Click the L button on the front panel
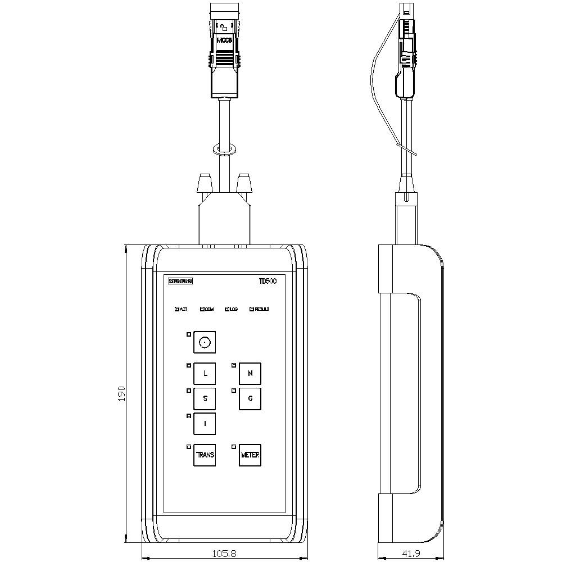[205, 373]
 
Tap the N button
[250, 373]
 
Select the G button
[250, 398]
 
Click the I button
[205, 424]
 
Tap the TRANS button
[205, 455]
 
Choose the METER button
[250, 455]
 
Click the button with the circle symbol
[205, 342]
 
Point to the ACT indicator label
[183, 309]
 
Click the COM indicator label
[209, 309]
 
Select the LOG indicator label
[234, 309]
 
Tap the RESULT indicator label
[262, 309]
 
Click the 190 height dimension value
[121, 393]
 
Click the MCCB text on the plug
[224, 40]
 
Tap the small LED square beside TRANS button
[188, 447]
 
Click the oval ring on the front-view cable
[224, 149]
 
